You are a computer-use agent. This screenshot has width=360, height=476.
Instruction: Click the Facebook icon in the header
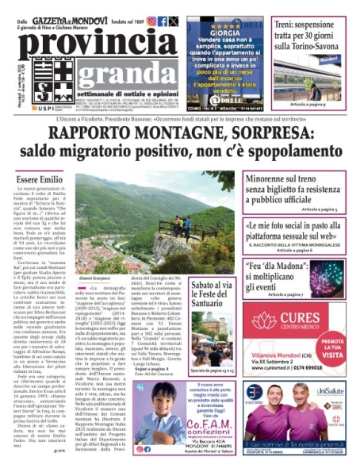[x=163, y=21]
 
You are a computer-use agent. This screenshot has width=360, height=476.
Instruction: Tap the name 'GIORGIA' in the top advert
[x=224, y=34]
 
